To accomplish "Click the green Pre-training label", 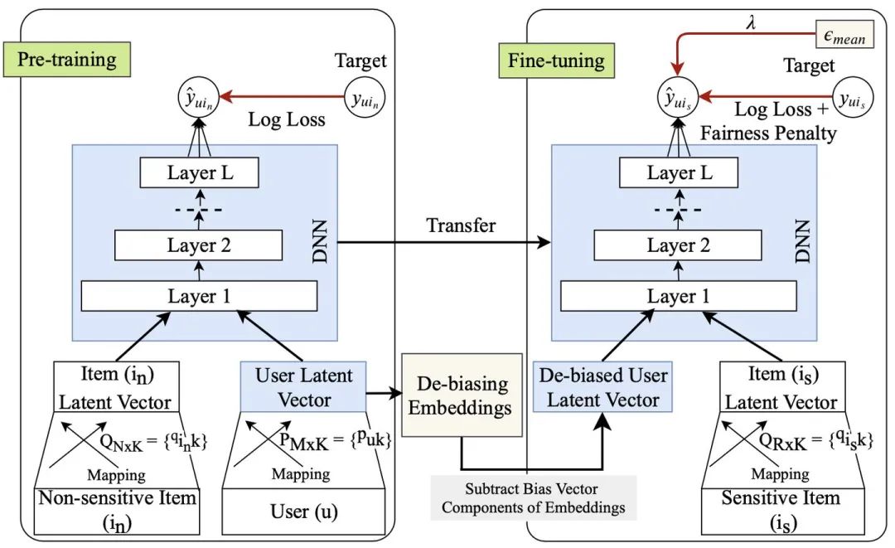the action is tap(67, 60).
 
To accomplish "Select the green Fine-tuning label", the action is tap(557, 61).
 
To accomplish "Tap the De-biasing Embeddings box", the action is tap(462, 395).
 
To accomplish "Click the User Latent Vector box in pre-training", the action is tap(303, 386).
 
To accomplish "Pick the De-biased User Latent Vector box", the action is tap(602, 386).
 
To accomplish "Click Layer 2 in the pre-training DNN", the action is tap(199, 245).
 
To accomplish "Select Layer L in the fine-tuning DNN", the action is tap(679, 172).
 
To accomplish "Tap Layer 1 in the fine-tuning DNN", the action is tap(679, 296).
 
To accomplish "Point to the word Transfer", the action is tap(462, 226).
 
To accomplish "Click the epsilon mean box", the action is tap(844, 35).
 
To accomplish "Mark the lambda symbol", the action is tap(751, 23).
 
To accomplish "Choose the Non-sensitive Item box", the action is tap(117, 511).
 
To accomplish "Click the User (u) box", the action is tap(303, 511).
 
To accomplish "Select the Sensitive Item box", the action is tap(781, 511).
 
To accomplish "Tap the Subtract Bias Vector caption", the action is tap(533, 497).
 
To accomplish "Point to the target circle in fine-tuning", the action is tap(853, 98).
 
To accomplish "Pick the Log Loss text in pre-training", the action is tap(287, 119).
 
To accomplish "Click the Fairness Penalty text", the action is tap(768, 133).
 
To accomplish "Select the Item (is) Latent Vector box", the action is tap(781, 386).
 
